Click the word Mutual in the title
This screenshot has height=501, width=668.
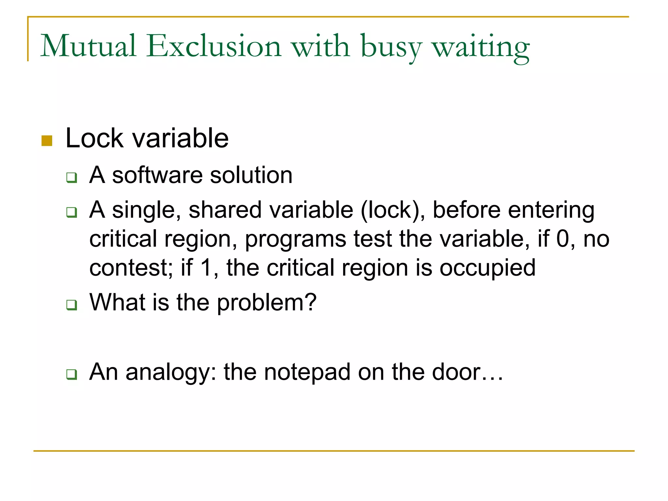[88, 46]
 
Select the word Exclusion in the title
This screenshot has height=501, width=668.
[214, 46]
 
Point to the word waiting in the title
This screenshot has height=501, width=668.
[481, 47]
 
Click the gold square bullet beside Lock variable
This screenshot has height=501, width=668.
[47, 141]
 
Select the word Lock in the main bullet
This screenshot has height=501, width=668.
[95, 138]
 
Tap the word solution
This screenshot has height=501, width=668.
[251, 175]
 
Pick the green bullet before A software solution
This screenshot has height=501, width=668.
[71, 178]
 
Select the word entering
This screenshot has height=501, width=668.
[551, 210]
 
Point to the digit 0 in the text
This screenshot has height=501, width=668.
[563, 239]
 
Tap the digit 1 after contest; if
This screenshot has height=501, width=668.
[206, 268]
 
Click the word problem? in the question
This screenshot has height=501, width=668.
[266, 303]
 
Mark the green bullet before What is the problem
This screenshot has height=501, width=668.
[71, 305]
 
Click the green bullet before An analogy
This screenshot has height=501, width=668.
[71, 374]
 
